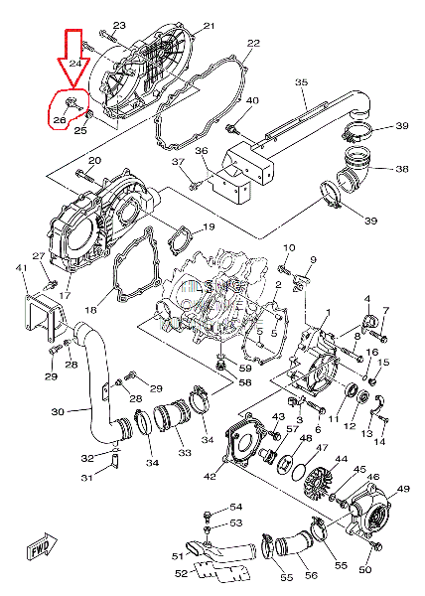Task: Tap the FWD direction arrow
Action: pyautogui.click(x=42, y=546)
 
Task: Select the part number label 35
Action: pyautogui.click(x=302, y=82)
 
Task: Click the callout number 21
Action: pyautogui.click(x=209, y=26)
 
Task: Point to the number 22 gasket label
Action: pyautogui.click(x=253, y=44)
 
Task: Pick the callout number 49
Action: pyautogui.click(x=402, y=489)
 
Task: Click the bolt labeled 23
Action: pyautogui.click(x=108, y=36)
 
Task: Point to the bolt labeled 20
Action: pyautogui.click(x=85, y=175)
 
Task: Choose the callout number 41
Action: pyautogui.click(x=21, y=268)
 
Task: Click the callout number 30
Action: pyautogui.click(x=58, y=411)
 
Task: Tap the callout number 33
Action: pyautogui.click(x=185, y=453)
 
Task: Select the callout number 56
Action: pyautogui.click(x=311, y=575)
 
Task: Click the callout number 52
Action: pyautogui.click(x=182, y=573)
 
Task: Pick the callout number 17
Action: pyautogui.click(x=66, y=295)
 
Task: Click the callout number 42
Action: pyautogui.click(x=210, y=476)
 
